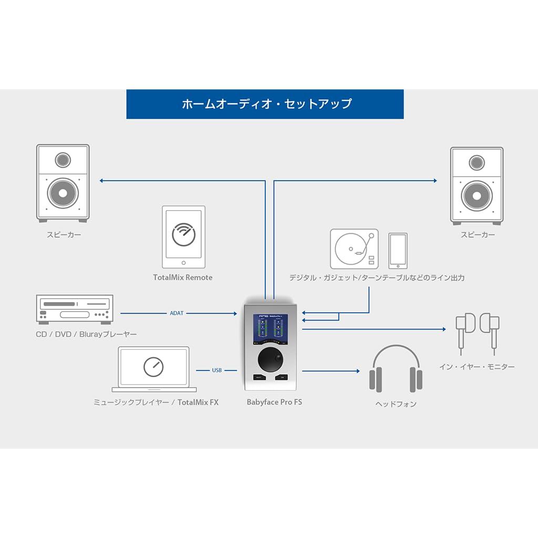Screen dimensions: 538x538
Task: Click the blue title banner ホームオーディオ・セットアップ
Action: coord(265,104)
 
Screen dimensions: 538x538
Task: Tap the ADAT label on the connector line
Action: coord(177,313)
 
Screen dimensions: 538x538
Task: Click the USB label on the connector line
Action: coord(217,370)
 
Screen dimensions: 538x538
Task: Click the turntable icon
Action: coord(354,250)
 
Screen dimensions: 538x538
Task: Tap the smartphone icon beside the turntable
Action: coord(398,251)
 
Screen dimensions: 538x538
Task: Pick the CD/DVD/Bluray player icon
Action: coord(74,308)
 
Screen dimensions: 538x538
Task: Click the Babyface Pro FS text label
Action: coord(274,402)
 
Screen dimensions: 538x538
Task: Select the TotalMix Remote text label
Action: coord(183,277)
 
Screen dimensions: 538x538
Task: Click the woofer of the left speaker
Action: coord(63,193)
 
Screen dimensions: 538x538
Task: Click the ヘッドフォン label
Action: coord(396,404)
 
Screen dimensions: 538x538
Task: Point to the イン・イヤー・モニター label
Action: coord(477,367)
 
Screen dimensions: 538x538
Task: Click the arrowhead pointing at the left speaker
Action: coord(101,181)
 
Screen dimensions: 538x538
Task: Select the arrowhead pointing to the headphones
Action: coord(357,371)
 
